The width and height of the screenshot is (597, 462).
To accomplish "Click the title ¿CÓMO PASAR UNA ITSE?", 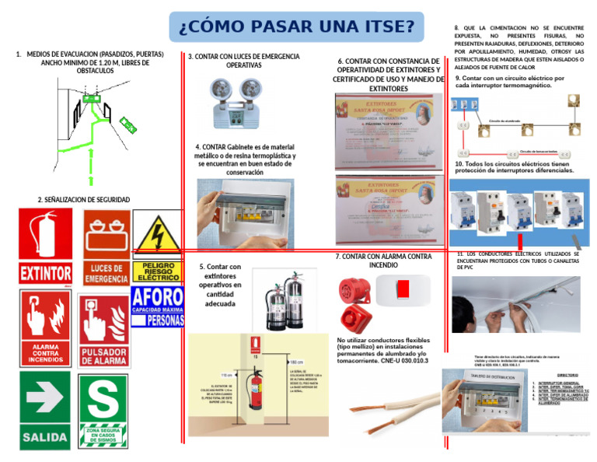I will [296, 28].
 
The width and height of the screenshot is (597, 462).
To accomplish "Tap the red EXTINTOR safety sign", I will [47, 247].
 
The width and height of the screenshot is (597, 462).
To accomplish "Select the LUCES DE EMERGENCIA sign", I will [106, 247].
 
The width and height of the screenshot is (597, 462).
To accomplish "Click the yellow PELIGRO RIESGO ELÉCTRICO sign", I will [159, 247].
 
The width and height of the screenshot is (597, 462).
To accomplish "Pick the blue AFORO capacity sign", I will [158, 306].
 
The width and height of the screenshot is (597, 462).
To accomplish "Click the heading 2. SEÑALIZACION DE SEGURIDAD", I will [84, 200].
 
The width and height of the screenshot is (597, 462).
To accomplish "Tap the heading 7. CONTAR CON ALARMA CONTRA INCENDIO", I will [383, 261].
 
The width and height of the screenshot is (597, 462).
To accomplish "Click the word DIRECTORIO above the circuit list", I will [567, 375].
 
